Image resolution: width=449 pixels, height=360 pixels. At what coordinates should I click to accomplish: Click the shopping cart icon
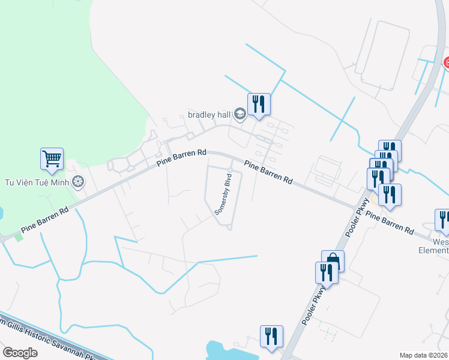pos(52,159)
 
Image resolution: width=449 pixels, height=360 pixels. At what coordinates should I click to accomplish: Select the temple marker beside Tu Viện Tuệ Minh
pos(77,182)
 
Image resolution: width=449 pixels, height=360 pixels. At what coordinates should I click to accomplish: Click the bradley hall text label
pos(209,114)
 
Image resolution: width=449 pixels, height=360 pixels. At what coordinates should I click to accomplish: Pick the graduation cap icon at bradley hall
pos(240,114)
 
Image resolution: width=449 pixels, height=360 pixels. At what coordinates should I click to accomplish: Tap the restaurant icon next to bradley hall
pos(259,104)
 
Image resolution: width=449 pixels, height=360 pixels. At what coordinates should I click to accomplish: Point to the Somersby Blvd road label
pos(224,196)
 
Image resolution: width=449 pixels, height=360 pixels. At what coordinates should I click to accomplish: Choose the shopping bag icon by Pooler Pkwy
pos(333,261)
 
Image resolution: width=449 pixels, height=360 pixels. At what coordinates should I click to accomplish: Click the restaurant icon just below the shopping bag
pos(326,273)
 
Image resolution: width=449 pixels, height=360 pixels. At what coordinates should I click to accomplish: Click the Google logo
pos(20,353)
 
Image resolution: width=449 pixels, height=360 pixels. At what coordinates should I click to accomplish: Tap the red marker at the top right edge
pos(446,62)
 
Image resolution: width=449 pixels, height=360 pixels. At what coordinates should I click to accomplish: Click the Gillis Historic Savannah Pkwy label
pos(48,340)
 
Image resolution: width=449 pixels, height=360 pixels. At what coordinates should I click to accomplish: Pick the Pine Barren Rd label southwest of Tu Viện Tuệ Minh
pos(45,219)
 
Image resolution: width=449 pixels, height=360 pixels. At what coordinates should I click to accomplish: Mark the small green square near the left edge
pos(18,238)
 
